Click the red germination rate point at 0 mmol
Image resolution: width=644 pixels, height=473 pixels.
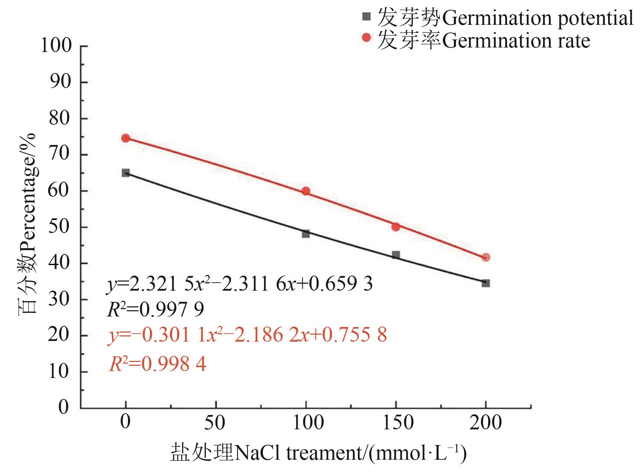[125, 138]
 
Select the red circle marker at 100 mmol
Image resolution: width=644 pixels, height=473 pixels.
[306, 191]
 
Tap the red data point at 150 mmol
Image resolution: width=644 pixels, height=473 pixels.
[396, 227]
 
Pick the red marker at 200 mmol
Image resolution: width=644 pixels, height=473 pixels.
[486, 257]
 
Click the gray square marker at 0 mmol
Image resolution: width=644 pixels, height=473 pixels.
[125, 173]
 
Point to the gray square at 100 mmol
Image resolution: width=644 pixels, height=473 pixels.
[306, 234]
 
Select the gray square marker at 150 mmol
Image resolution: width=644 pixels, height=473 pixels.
[396, 255]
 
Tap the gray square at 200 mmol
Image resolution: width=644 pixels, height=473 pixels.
[486, 283]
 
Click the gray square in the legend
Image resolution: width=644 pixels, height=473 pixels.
[366, 16]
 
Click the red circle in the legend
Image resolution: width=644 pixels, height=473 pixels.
[366, 37]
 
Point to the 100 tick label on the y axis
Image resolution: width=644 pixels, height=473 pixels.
[56, 46]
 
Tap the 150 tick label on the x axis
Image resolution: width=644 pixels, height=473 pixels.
[398, 422]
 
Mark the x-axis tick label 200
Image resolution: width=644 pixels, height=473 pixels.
[486, 422]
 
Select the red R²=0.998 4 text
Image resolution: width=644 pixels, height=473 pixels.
[158, 364]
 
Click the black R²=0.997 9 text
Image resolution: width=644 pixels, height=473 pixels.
[155, 310]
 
